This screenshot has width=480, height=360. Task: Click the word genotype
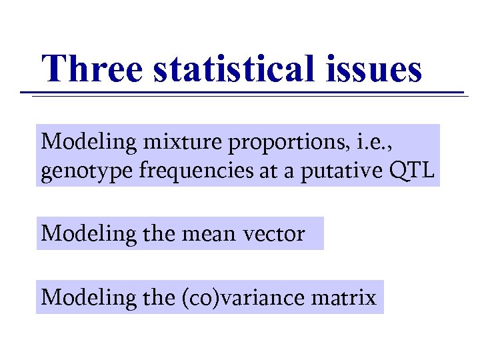point(87,173)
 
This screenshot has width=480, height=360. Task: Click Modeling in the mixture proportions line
point(79,142)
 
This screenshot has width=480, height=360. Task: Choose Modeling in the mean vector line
point(79,234)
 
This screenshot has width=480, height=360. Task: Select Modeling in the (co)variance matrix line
point(79,297)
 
